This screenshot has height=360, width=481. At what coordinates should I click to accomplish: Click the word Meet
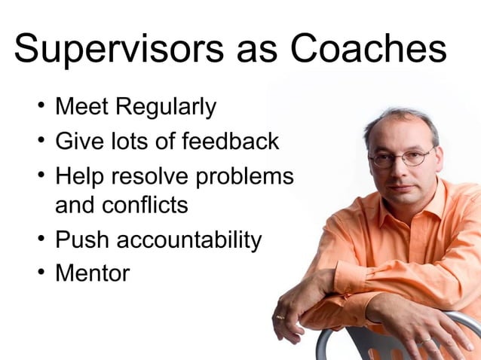pyautogui.click(x=81, y=107)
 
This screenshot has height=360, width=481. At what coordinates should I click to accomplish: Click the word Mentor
pyautogui.click(x=92, y=273)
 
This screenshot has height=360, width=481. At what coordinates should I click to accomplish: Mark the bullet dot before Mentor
pyautogui.click(x=42, y=273)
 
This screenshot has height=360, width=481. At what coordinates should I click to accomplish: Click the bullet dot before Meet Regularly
pyautogui.click(x=42, y=108)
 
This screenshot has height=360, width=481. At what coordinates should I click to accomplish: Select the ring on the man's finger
pyautogui.click(x=280, y=317)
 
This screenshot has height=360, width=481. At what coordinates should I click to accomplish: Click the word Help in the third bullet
pyautogui.click(x=79, y=176)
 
